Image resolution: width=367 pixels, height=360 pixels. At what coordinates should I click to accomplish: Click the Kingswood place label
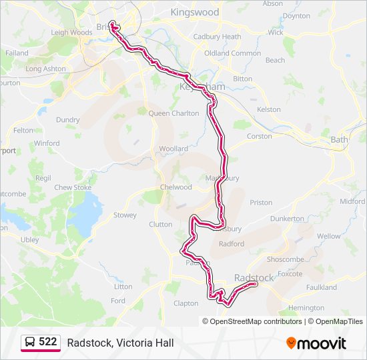pos(195,12)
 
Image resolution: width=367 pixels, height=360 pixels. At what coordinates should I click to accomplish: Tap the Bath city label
pos(340,139)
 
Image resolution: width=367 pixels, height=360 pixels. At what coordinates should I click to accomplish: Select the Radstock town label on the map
pos(254,277)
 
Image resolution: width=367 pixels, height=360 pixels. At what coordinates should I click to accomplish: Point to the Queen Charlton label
pos(173,113)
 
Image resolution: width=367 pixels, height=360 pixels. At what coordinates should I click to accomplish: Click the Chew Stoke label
pos(73,187)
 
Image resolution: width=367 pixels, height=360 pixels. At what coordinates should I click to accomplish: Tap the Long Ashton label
pos(45,69)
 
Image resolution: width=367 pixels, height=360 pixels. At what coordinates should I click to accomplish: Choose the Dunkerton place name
pos(288,218)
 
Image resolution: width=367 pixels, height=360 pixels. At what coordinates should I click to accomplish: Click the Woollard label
pos(173,149)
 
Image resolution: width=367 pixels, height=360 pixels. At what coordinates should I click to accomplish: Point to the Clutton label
pos(161,225)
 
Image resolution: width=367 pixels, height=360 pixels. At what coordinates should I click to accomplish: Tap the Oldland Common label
pos(232,53)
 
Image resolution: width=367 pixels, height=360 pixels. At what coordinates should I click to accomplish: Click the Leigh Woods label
pos(71,32)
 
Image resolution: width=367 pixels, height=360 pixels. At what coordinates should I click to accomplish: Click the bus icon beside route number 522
pos(29,343)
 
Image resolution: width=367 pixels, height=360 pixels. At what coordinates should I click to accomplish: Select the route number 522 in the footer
pos(47,342)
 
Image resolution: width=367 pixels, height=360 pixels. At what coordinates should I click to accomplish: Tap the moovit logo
pos(316,343)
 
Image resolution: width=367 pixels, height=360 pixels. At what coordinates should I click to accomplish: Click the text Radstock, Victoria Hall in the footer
pos(120,343)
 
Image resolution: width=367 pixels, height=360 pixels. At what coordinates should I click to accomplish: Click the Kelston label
pos(268,109)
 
